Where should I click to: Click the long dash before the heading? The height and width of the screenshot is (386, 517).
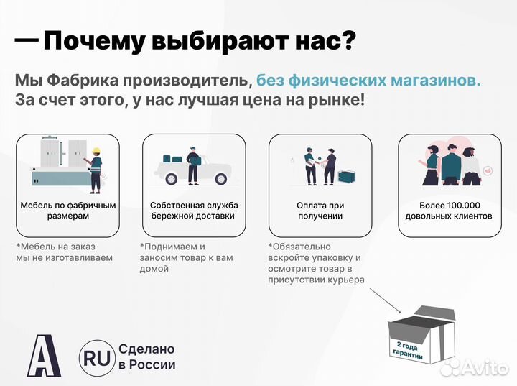tap(27, 41)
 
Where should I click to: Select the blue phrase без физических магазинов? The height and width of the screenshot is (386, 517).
tap(368, 81)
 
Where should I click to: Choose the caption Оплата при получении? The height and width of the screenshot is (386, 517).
tap(320, 210)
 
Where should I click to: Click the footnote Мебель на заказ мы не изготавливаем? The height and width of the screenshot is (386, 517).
tap(64, 252)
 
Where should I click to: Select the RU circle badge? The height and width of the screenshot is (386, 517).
tap(95, 357)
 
